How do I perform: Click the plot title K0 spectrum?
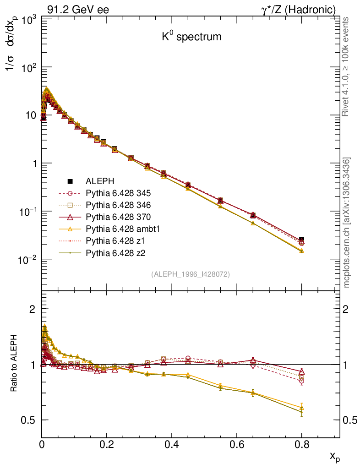pyautogui.click(x=191, y=37)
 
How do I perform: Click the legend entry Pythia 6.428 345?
pyautogui.click(x=118, y=193)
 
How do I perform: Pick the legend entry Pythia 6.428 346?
pyautogui.click(x=118, y=205)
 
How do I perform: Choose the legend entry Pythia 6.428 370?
pyautogui.click(x=118, y=217)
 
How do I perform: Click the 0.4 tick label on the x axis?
pyautogui.click(x=172, y=444)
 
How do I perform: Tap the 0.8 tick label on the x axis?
pyautogui.click(x=301, y=444)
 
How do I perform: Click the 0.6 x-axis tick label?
pyautogui.click(x=237, y=444)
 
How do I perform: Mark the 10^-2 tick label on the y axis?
pyautogui.click(x=26, y=260)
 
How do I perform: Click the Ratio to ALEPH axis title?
pyautogui.click(x=14, y=364)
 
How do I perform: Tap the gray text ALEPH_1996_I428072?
pyautogui.click(x=190, y=274)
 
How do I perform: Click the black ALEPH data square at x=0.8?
pyautogui.click(x=301, y=239)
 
